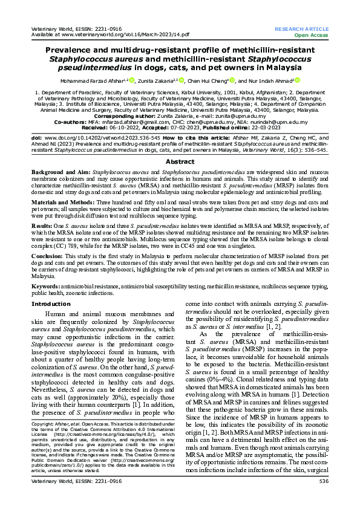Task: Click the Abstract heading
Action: click(180, 145)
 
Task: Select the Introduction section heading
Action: click(51, 303)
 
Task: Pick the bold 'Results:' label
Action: click(43, 207)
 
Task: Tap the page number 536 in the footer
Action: click(323, 498)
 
